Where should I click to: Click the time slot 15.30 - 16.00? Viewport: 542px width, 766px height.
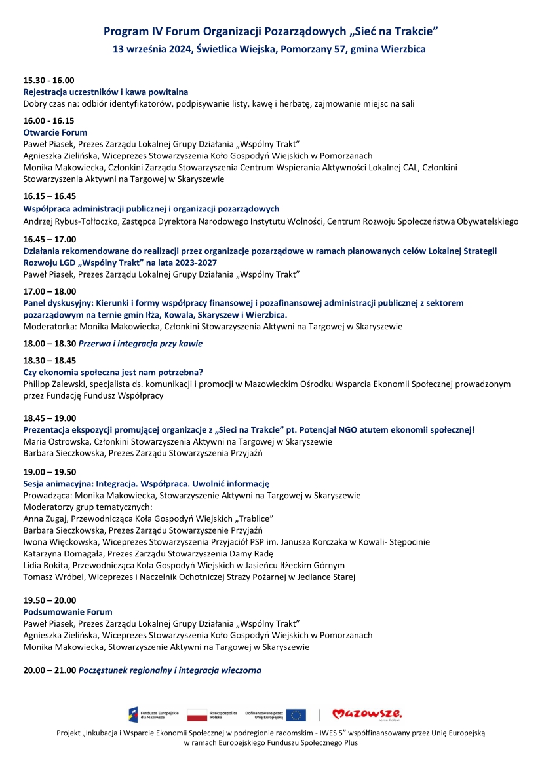[x=48, y=80]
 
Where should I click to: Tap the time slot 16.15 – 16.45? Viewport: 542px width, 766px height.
[x=49, y=196]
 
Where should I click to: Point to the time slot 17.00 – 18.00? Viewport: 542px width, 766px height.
[x=49, y=291]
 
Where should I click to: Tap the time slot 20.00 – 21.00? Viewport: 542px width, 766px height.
[x=49, y=670]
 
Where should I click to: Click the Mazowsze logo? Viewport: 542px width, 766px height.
[x=366, y=714]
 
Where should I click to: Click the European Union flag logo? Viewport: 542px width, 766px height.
[x=296, y=715]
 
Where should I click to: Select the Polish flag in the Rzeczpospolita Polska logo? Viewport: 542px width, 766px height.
[x=197, y=715]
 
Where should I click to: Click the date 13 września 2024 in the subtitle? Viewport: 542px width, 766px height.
[x=150, y=49]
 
